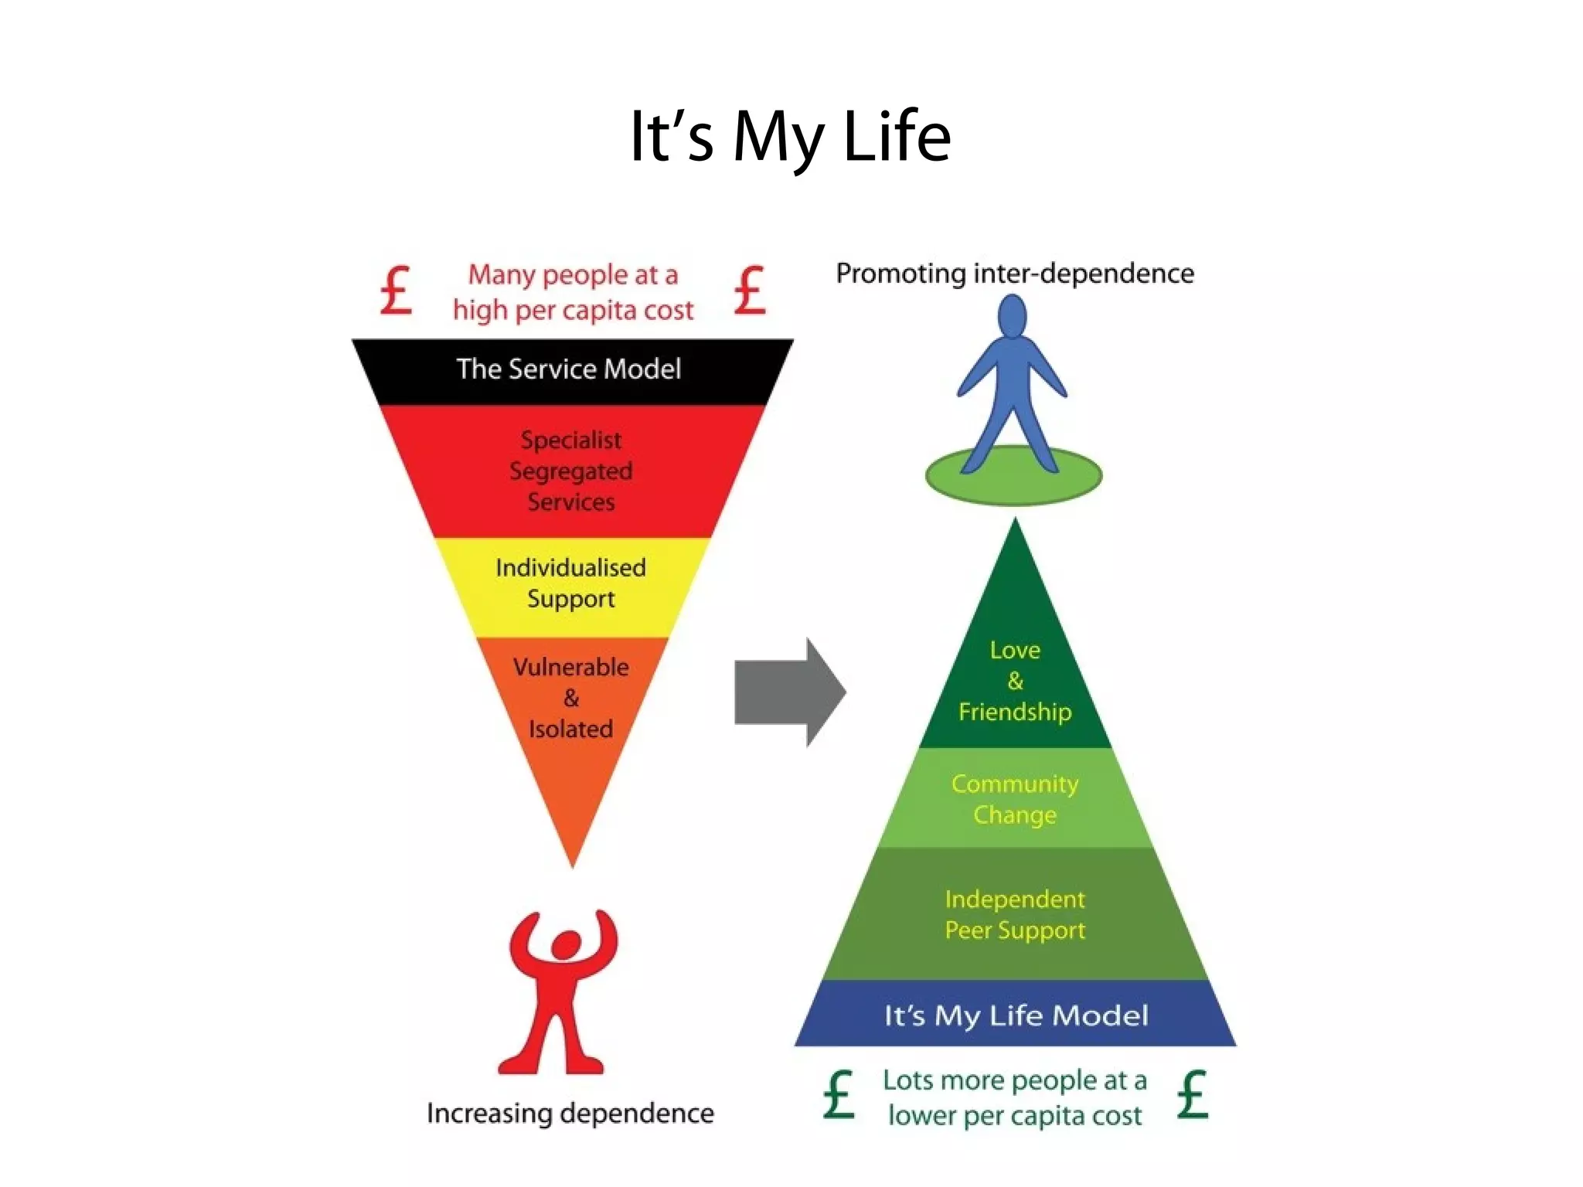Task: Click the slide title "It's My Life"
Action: [790, 137]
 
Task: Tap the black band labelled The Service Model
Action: [569, 369]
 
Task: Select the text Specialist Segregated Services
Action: [571, 471]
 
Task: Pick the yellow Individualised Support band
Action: [571, 583]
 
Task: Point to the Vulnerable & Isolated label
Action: [571, 698]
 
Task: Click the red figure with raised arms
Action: [560, 993]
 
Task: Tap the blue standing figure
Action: [1013, 386]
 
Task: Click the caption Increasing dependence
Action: [570, 1113]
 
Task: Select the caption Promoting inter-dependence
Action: [1015, 274]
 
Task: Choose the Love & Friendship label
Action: [1015, 681]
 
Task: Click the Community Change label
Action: [1015, 799]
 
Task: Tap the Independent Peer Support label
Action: [1015, 914]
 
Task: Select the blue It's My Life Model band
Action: [1016, 1015]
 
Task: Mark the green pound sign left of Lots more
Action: [839, 1095]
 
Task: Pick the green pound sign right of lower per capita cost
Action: [1193, 1095]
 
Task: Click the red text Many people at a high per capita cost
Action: [573, 292]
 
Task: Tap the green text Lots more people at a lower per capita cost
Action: [1015, 1097]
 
